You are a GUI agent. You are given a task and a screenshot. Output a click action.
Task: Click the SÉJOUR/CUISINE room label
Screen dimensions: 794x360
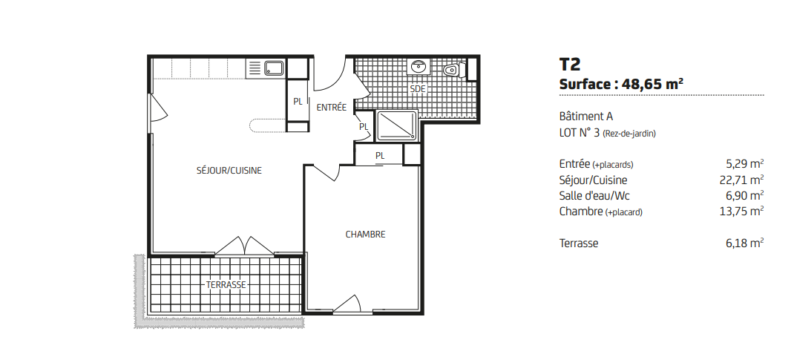point(229,171)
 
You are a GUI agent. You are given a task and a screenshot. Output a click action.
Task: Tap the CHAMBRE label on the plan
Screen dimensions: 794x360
point(365,235)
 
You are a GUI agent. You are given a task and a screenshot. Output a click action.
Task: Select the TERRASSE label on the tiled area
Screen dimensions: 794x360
point(226,285)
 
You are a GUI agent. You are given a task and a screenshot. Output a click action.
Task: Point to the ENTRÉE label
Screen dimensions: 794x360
point(332,108)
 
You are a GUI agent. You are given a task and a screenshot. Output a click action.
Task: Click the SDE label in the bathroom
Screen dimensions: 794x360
point(418,89)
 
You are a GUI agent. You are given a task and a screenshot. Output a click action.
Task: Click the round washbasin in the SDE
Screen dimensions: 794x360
point(419,66)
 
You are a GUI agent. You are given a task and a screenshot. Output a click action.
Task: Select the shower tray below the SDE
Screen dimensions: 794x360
point(398,125)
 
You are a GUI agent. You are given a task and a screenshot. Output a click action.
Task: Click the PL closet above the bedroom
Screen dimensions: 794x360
point(380,155)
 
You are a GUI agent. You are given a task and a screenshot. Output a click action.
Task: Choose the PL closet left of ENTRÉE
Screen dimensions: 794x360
point(298,101)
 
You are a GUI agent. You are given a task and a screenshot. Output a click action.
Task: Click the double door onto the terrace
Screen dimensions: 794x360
point(245,246)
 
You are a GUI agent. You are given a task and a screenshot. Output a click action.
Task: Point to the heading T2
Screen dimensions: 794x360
point(570,65)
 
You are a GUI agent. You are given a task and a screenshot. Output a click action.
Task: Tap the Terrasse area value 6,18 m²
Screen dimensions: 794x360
point(745,243)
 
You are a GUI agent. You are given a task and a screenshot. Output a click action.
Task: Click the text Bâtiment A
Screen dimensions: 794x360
point(586,117)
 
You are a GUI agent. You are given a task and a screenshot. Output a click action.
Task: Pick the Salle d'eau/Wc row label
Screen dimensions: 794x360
point(594,195)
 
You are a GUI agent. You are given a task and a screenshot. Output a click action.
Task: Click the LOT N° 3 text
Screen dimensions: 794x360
point(580,133)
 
